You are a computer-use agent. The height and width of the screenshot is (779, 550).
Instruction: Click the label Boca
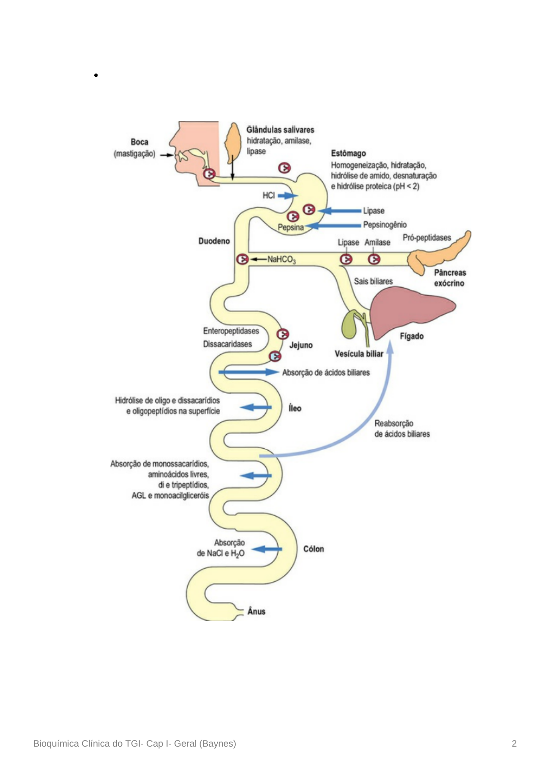click(x=139, y=142)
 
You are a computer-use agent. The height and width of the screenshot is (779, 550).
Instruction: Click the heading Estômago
click(x=348, y=153)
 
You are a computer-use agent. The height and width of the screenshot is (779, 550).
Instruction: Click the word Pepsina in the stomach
click(x=290, y=227)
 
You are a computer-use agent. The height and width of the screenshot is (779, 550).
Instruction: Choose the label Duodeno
click(x=214, y=241)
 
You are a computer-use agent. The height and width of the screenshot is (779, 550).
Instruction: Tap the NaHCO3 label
click(x=281, y=260)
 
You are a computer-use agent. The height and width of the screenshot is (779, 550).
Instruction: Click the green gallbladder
click(x=350, y=326)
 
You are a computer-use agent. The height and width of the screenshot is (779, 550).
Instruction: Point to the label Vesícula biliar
click(x=359, y=354)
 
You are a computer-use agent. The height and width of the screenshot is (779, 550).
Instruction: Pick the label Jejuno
click(x=301, y=345)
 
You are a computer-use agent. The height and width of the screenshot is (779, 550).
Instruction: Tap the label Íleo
click(x=295, y=408)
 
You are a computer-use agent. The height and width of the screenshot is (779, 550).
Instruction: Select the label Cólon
click(x=313, y=549)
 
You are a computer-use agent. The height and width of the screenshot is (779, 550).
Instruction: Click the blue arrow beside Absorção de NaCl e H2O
click(x=267, y=550)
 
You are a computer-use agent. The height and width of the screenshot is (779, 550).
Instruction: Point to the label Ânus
click(x=256, y=612)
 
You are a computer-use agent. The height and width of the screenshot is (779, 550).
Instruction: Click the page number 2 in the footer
click(x=514, y=743)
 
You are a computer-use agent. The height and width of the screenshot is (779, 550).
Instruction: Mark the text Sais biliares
click(x=373, y=281)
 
